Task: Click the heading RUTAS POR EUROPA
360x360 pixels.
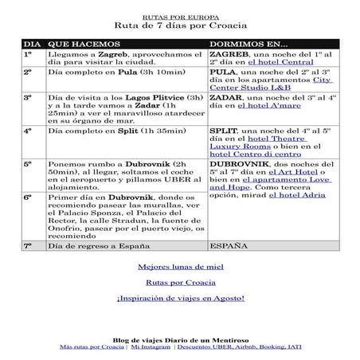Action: pos(180,15)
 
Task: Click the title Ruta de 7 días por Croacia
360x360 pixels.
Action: pos(180,24)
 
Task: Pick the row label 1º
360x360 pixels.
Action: pos(27,54)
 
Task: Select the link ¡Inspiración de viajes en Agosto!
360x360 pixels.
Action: pos(179,298)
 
